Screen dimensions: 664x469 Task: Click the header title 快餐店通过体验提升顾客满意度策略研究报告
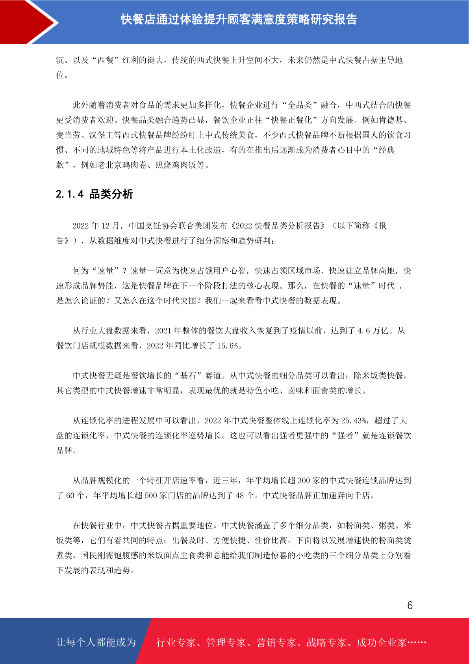coord(239,19)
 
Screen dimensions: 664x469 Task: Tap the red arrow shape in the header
coord(28,22)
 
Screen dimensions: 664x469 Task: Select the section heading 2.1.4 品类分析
coord(95,194)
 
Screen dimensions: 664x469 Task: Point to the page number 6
coord(410,606)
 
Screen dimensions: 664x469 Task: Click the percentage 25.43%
coord(353,421)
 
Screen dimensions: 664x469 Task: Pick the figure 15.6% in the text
coord(228,346)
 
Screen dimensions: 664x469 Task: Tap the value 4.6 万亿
coord(373,331)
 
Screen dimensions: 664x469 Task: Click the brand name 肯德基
coord(391,120)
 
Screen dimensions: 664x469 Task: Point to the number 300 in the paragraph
coord(304,481)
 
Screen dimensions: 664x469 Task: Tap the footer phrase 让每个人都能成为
coord(96,642)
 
